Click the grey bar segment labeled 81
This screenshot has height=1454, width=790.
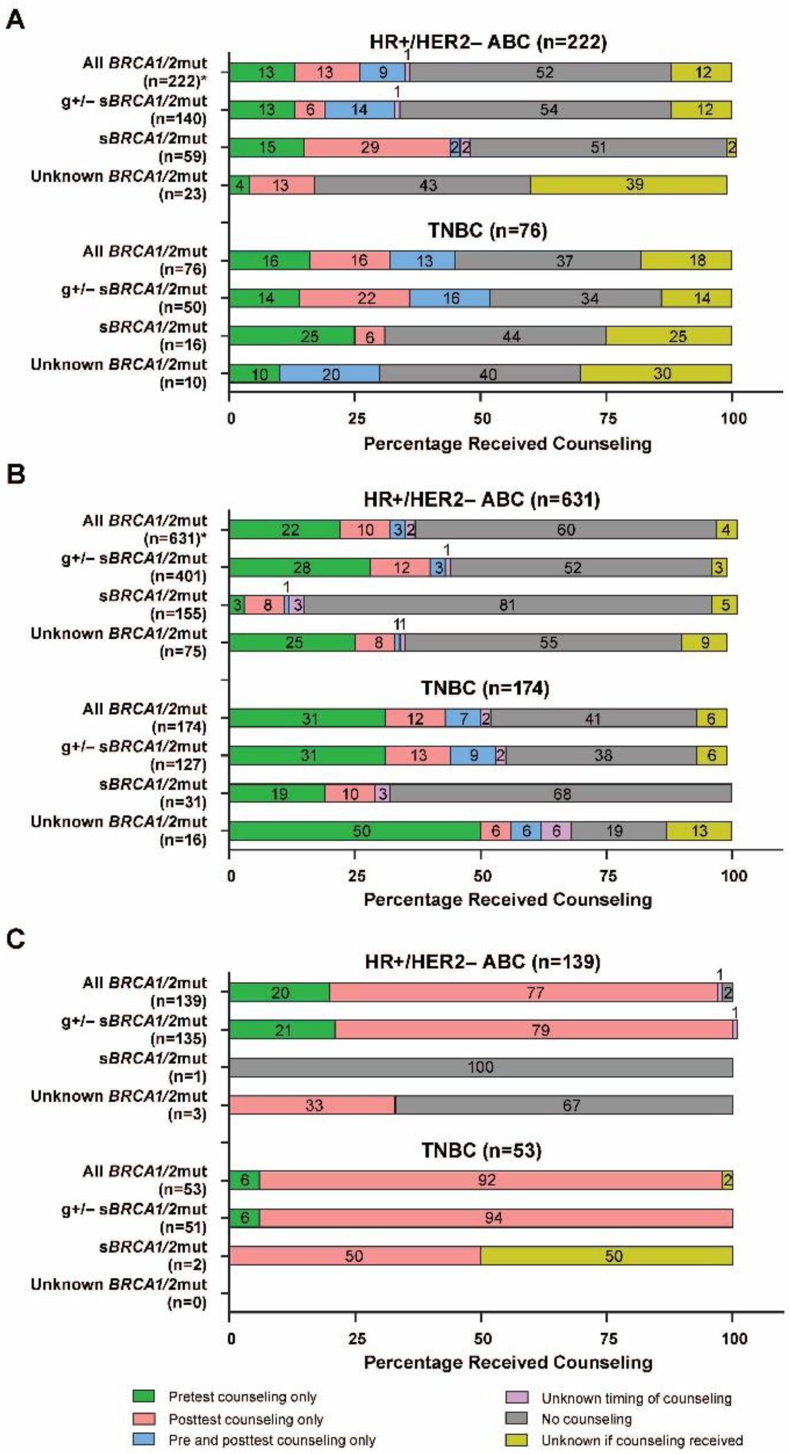point(507,605)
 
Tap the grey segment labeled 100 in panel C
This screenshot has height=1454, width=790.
point(481,1068)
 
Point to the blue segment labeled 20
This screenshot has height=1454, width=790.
point(330,374)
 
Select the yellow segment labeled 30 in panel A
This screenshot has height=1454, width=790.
point(656,374)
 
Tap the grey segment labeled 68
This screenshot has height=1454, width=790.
point(561,794)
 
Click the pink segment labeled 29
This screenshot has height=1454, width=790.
point(377,148)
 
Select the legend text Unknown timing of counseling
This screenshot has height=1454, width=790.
point(636,1398)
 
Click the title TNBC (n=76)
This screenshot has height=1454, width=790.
point(487,230)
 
